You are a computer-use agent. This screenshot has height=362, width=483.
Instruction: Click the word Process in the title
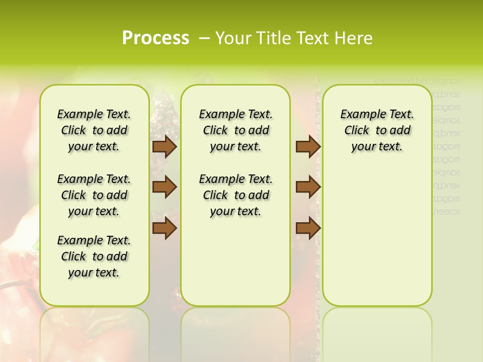click(x=155, y=38)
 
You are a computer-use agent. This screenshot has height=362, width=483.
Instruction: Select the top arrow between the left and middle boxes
click(x=164, y=146)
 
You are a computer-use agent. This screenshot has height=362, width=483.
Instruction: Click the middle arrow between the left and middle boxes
click(x=164, y=187)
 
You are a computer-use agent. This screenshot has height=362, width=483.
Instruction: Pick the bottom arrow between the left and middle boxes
click(x=164, y=228)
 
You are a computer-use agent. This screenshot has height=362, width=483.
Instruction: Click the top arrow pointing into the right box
click(x=308, y=146)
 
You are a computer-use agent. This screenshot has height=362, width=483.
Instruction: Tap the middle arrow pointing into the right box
click(x=308, y=187)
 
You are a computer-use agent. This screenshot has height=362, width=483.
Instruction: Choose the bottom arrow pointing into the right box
click(x=308, y=228)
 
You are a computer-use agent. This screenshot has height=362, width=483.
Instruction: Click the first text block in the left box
click(x=94, y=130)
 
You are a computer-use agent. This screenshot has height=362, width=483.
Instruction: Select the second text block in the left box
click(x=94, y=195)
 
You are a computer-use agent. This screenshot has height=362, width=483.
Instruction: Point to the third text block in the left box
click(x=94, y=256)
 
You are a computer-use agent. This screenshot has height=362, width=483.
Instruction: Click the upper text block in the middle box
click(x=235, y=130)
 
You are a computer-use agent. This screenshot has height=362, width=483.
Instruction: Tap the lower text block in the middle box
click(x=235, y=195)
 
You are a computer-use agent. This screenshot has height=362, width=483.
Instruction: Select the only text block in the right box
click(x=377, y=130)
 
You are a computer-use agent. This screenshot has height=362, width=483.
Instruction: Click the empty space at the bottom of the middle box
click(x=235, y=266)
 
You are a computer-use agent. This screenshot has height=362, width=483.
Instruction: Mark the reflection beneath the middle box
click(x=235, y=327)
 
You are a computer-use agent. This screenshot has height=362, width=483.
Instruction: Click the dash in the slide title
click(x=204, y=38)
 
